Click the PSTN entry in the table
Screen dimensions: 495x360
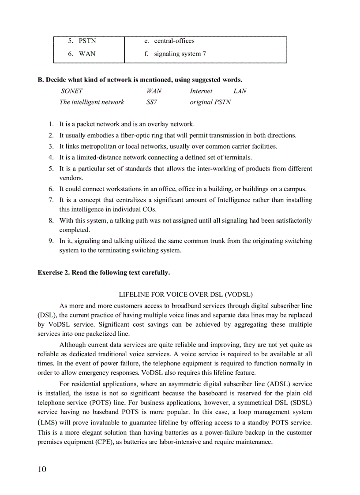[87, 41]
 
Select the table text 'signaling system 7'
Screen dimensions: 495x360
[180, 54]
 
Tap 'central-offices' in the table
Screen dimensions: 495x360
[174, 41]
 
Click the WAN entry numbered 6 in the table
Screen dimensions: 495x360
[87, 54]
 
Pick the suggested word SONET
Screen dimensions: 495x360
[72, 91]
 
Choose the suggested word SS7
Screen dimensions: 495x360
[152, 102]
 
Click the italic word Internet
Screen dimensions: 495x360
[201, 91]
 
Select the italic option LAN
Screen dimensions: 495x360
[240, 91]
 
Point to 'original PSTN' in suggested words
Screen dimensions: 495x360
[210, 102]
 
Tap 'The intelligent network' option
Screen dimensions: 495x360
[92, 102]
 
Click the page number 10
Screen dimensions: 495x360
[42, 469]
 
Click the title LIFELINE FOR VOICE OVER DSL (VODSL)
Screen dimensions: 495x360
[186, 294]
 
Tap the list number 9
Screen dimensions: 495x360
[51, 241]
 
